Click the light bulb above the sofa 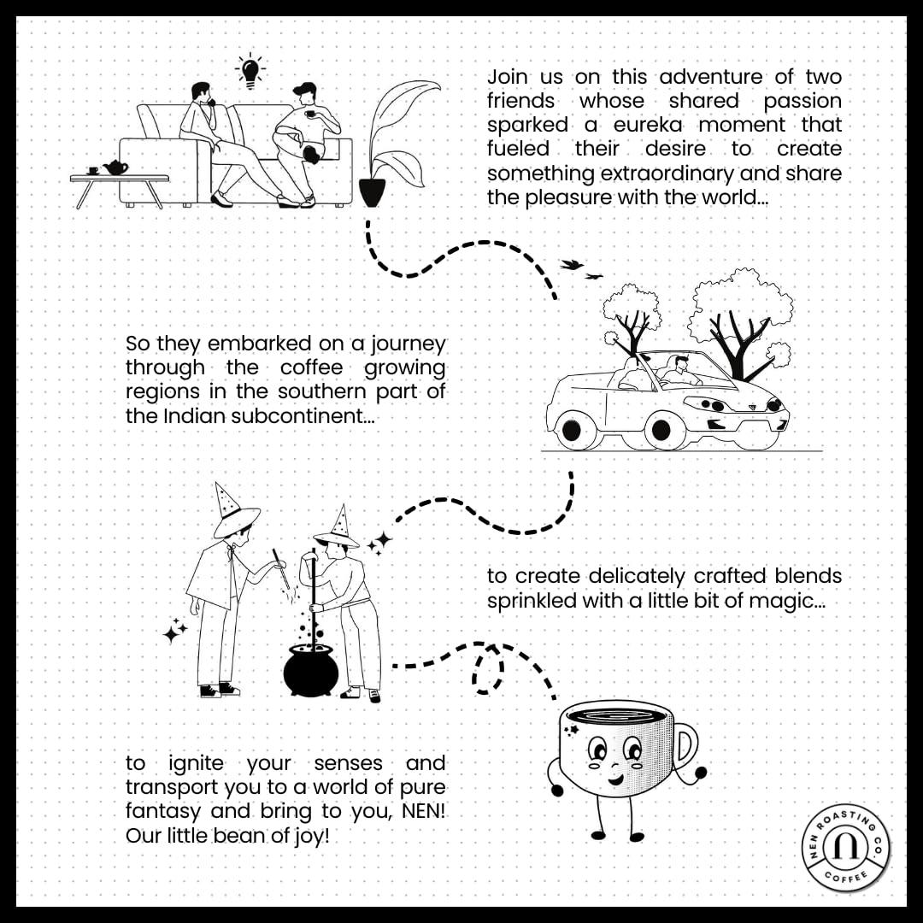pyautogui.click(x=250, y=72)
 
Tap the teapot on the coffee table pyautogui.click(x=115, y=168)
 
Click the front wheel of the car pyautogui.click(x=661, y=430)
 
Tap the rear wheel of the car pyautogui.click(x=571, y=430)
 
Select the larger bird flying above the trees pyautogui.click(x=571, y=264)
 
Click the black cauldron pyautogui.click(x=311, y=670)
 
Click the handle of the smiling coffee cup pyautogui.click(x=686, y=744)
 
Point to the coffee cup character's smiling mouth pyautogui.click(x=615, y=779)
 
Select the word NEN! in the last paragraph pyautogui.click(x=423, y=810)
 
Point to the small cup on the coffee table pyautogui.click(x=93, y=171)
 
